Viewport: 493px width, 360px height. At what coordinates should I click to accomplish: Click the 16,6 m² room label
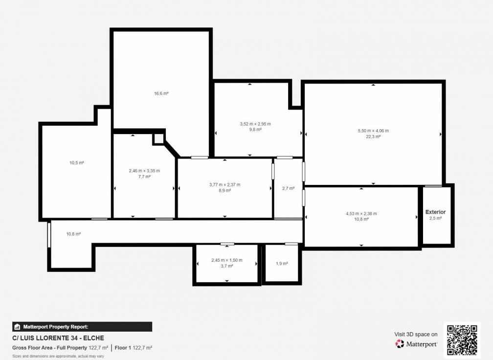161,93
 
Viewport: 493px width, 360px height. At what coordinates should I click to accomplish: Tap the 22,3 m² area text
373,136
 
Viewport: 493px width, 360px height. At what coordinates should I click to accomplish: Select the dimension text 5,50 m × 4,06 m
373,131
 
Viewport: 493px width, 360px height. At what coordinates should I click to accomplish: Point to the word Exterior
435,212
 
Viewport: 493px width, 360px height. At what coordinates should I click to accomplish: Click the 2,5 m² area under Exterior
435,218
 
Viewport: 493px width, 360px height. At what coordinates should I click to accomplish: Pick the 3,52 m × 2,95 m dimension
255,124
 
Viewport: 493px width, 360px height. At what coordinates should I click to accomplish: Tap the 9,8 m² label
255,130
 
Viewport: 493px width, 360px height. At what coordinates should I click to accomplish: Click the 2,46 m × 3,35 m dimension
144,171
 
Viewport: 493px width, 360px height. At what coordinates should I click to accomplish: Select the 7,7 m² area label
144,177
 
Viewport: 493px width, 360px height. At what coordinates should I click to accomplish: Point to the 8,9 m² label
225,191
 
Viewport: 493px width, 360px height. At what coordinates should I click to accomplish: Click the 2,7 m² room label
289,188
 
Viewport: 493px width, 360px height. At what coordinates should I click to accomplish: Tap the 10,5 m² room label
77,163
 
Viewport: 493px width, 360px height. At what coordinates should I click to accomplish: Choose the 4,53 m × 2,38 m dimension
361,213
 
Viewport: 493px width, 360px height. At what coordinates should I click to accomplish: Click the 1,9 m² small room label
282,264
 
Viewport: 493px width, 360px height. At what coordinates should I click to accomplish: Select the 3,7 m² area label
227,266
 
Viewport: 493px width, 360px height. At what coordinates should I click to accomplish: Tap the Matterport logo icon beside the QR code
400,344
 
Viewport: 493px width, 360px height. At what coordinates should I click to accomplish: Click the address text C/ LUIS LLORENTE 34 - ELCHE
58,338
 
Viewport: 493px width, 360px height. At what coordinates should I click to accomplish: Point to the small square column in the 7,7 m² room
158,138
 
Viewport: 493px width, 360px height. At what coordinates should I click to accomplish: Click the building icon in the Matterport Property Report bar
17,327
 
